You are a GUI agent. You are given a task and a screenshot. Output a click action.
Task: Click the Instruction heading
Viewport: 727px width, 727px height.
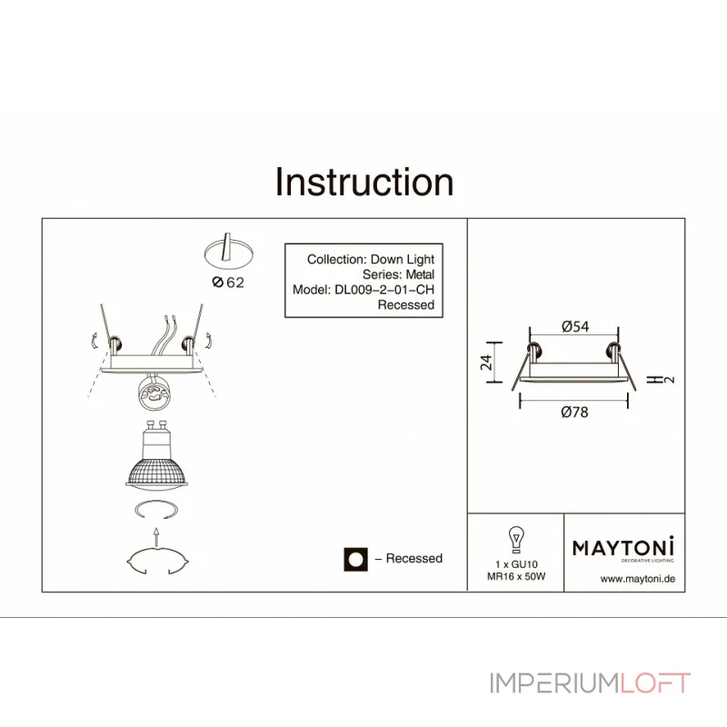(x=364, y=183)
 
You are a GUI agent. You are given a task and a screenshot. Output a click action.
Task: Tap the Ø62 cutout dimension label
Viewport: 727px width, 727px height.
(x=228, y=283)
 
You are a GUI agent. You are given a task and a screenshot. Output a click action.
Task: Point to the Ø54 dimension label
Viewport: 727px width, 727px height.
(x=575, y=326)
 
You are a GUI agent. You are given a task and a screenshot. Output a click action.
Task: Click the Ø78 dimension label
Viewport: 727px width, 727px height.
(x=575, y=412)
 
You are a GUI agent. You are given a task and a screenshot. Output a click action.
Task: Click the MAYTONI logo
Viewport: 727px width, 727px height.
(x=622, y=547)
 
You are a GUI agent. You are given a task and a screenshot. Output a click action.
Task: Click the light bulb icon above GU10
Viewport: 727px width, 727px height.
(x=515, y=539)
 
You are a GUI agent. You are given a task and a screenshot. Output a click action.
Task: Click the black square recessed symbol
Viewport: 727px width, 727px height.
(x=355, y=559)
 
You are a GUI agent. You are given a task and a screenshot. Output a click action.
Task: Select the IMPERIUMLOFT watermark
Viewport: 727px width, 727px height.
(x=591, y=682)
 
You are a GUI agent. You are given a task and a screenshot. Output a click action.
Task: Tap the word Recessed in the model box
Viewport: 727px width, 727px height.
(x=405, y=305)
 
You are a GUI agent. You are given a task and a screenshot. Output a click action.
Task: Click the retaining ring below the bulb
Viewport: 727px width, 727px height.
(x=156, y=510)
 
